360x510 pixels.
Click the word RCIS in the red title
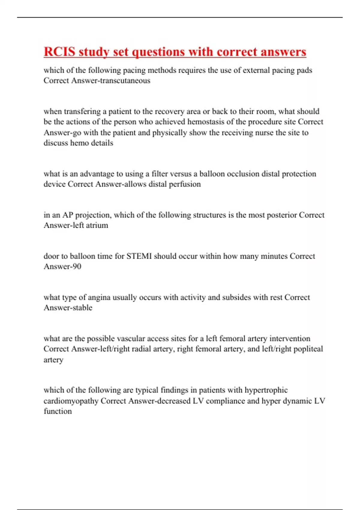[59, 52]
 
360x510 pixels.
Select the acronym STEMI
[139, 256]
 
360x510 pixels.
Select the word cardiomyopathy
[71, 401]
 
